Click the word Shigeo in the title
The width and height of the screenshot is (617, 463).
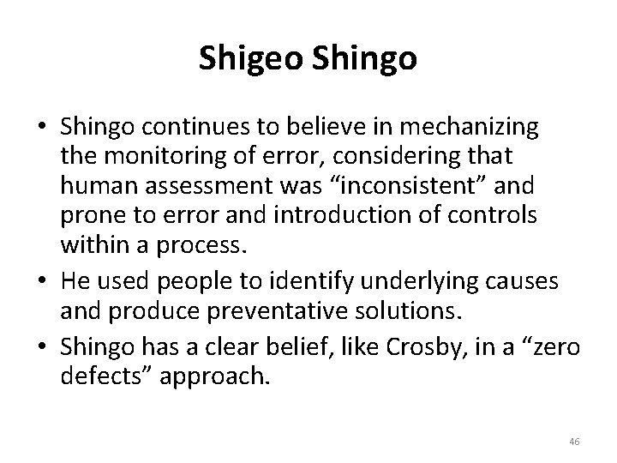(x=249, y=58)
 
